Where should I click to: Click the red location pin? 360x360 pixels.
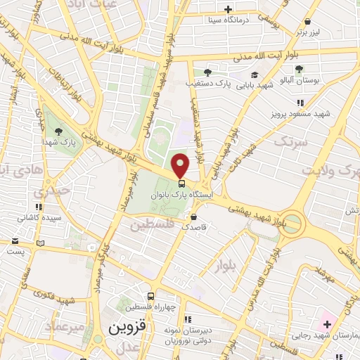[x=181, y=165]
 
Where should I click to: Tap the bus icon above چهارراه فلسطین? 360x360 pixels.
[x=150, y=297]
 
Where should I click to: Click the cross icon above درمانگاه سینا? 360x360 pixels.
[x=228, y=9]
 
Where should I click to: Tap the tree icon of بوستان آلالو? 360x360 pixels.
[x=300, y=68]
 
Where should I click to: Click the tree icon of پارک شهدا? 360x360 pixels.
[x=58, y=131]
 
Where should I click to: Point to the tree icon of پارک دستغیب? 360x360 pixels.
[x=207, y=72]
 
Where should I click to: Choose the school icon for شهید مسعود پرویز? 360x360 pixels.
[x=285, y=101]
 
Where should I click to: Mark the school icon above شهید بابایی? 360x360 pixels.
[x=254, y=75]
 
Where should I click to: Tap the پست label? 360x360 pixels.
[x=20, y=250]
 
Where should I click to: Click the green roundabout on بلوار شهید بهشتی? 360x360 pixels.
[x=292, y=226]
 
